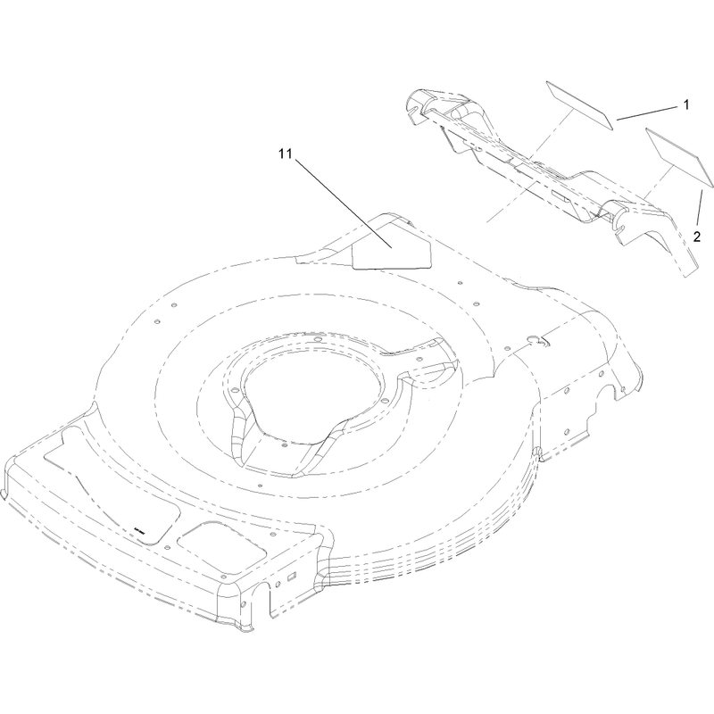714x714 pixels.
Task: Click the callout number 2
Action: click(697, 237)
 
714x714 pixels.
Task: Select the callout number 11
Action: click(285, 154)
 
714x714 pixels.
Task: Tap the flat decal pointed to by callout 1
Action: click(579, 105)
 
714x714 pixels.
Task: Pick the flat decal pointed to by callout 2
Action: click(679, 157)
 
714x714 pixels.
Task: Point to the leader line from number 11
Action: click(344, 203)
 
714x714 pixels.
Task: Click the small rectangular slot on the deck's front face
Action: click(292, 576)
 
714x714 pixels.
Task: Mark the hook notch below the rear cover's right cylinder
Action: click(620, 230)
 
